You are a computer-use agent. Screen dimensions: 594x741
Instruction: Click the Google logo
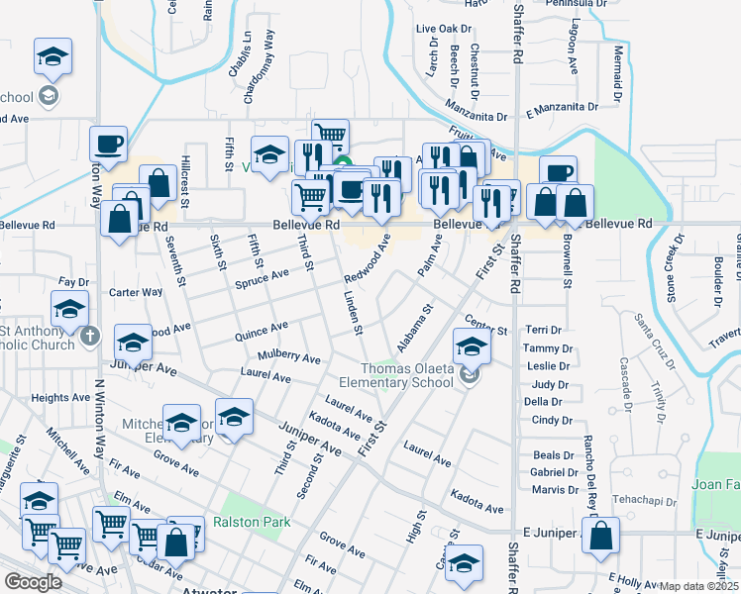[33, 582]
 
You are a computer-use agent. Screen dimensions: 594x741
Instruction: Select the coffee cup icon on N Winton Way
[108, 145]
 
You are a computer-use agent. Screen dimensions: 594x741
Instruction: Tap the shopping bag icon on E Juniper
[601, 538]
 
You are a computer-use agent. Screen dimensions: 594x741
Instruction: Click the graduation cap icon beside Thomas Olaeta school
[472, 346]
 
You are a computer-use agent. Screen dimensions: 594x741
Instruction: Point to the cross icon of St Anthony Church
[90, 336]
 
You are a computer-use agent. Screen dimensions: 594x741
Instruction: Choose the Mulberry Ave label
[289, 355]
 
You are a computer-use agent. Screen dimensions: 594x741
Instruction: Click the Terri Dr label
[543, 330]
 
